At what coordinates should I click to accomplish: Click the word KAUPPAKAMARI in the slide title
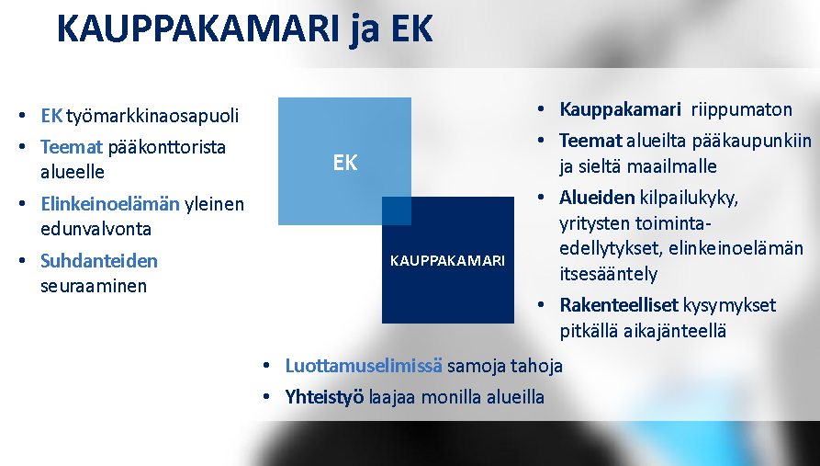(198, 28)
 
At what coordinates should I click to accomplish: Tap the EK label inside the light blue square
(345, 163)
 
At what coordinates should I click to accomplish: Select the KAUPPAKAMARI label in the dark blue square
(448, 261)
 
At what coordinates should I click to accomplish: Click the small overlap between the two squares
(397, 211)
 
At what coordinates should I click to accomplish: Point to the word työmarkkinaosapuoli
(152, 116)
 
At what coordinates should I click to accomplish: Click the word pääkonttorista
(167, 147)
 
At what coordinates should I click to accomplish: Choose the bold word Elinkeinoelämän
(110, 204)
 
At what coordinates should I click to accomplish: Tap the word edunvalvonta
(96, 229)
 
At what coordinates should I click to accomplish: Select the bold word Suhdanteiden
(99, 261)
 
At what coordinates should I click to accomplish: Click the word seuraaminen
(94, 286)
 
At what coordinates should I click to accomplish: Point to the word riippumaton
(742, 110)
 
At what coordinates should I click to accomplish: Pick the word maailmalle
(671, 166)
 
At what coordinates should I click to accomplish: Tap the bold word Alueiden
(597, 198)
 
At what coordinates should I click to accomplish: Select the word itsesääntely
(608, 274)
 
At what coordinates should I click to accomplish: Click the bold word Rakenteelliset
(619, 305)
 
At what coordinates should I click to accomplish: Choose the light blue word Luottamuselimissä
(364, 366)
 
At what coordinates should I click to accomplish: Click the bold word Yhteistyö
(324, 397)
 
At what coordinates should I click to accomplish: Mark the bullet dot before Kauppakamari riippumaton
(541, 109)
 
